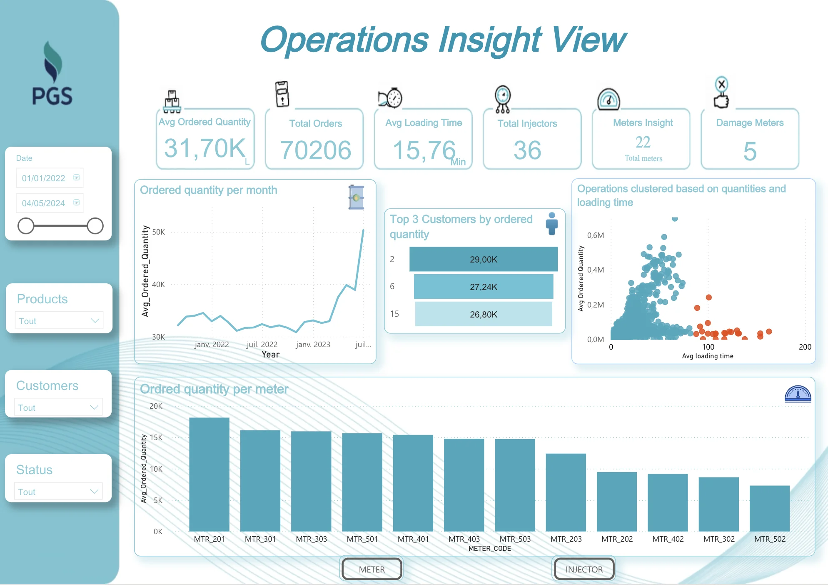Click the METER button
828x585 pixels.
pos(372,569)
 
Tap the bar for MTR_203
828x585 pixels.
pos(566,492)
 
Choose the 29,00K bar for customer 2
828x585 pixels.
pos(483,259)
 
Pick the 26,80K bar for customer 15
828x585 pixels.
pos(483,314)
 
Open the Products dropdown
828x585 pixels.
pos(59,321)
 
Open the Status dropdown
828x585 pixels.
pos(58,492)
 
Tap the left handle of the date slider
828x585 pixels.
pos(26,226)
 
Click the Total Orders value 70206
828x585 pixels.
pos(315,150)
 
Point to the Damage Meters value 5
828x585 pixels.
pos(750,151)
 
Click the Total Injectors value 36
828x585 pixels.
pos(527,150)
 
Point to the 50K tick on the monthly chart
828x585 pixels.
pos(159,232)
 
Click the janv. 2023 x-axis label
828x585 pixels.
pos(313,345)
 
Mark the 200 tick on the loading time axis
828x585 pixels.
pos(805,347)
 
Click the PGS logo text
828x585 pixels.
pos(52,96)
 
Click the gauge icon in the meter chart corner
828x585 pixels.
pos(798,394)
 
